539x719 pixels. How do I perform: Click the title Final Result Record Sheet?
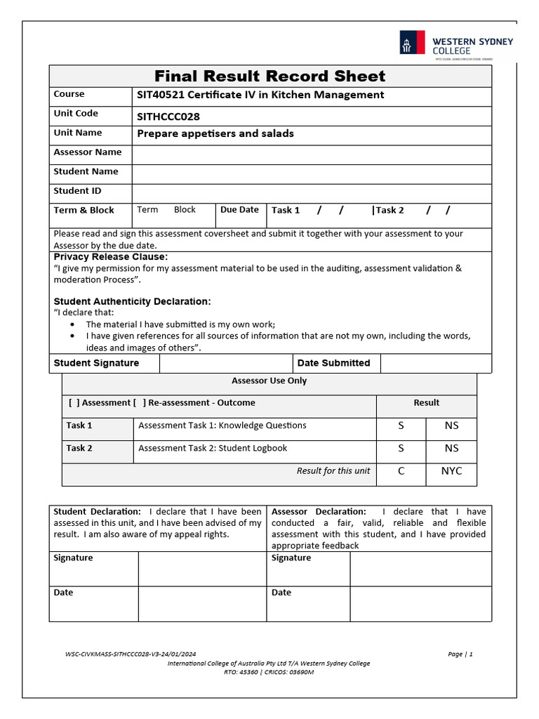[x=270, y=76]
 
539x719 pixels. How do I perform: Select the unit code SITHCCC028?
[x=168, y=117]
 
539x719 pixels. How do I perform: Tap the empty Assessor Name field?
[x=311, y=154]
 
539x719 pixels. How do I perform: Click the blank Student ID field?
[x=311, y=193]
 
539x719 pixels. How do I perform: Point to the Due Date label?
[x=239, y=210]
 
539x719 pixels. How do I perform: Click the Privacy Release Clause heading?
[x=111, y=257]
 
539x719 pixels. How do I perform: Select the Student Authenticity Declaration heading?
[x=132, y=301]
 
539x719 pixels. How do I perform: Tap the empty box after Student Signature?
[x=225, y=363]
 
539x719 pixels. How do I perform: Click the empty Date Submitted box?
[x=435, y=363]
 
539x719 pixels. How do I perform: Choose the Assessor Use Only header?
[x=269, y=381]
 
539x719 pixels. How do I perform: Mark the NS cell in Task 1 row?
[x=451, y=426]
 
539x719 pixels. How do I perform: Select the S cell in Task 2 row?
[x=401, y=448]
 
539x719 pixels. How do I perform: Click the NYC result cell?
[x=451, y=471]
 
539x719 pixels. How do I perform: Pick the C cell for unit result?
[x=401, y=471]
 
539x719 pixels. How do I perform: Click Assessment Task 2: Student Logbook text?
[x=213, y=448]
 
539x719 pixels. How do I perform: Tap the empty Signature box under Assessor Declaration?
[x=420, y=569]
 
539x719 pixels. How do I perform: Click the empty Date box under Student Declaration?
[x=201, y=604]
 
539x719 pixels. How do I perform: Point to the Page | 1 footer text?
[x=460, y=654]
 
